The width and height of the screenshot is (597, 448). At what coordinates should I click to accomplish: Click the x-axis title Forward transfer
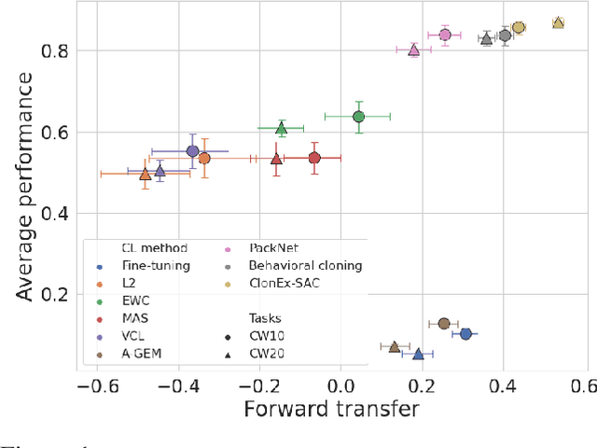pyautogui.click(x=330, y=409)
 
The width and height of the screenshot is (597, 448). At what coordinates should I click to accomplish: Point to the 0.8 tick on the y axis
pyautogui.click(x=59, y=51)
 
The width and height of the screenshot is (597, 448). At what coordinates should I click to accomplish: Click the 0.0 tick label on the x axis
pyautogui.click(x=340, y=385)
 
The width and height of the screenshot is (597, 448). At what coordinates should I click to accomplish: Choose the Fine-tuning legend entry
pyautogui.click(x=155, y=266)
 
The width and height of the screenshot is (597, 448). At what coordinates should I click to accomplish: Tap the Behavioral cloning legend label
pyautogui.click(x=305, y=266)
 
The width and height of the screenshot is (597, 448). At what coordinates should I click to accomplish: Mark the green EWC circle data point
pyautogui.click(x=358, y=117)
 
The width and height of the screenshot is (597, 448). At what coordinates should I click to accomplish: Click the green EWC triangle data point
pyautogui.click(x=281, y=129)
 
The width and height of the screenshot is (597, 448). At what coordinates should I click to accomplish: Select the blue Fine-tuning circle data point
pyautogui.click(x=465, y=333)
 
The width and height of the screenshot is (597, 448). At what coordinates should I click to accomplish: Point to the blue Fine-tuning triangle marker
pyautogui.click(x=418, y=354)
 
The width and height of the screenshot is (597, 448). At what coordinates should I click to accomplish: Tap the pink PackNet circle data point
pyautogui.click(x=445, y=35)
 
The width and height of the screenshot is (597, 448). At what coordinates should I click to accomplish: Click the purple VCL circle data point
pyautogui.click(x=192, y=151)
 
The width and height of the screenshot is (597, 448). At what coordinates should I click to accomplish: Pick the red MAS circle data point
pyautogui.click(x=314, y=158)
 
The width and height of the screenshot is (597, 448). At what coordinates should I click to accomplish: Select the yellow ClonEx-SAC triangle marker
pyautogui.click(x=558, y=22)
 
